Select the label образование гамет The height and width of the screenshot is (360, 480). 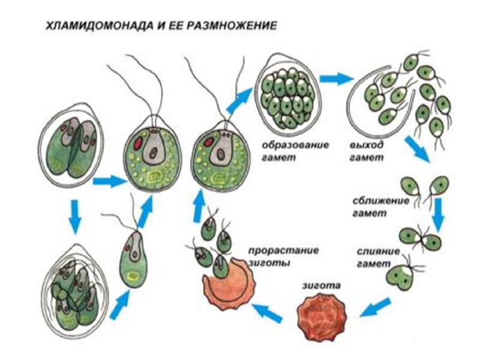click(295, 151)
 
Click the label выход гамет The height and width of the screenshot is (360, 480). click(367, 151)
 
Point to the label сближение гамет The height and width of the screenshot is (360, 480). click(380, 206)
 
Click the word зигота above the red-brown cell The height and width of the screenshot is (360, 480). click(321, 286)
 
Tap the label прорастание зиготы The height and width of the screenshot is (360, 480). click(283, 256)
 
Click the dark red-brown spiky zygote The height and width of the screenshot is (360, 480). click(322, 316)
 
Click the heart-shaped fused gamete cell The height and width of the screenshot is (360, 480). click(400, 277)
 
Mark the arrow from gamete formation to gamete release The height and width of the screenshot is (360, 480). click(336, 79)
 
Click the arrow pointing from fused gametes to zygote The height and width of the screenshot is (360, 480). click(374, 307)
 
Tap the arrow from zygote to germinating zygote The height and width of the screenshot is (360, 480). click(266, 313)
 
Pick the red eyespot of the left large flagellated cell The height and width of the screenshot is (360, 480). click(138, 143)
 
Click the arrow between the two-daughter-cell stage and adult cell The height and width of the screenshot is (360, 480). click(110, 181)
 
